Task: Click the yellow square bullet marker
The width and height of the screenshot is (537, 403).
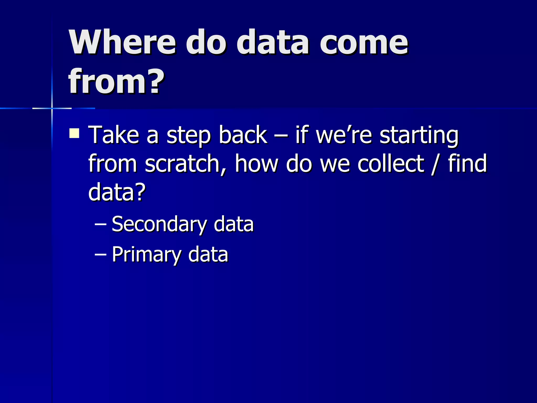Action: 74,133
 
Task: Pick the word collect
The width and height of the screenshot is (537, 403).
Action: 390,163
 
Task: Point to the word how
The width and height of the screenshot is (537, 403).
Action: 256,163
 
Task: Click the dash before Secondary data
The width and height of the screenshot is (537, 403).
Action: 100,225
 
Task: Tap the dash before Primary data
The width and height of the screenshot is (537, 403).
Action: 100,254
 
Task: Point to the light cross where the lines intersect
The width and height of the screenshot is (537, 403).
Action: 52,108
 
